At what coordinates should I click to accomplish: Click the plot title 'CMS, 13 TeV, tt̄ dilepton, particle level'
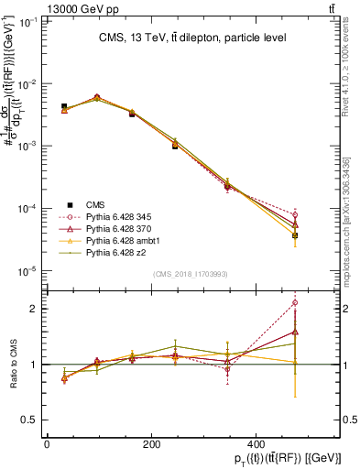point(190,38)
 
